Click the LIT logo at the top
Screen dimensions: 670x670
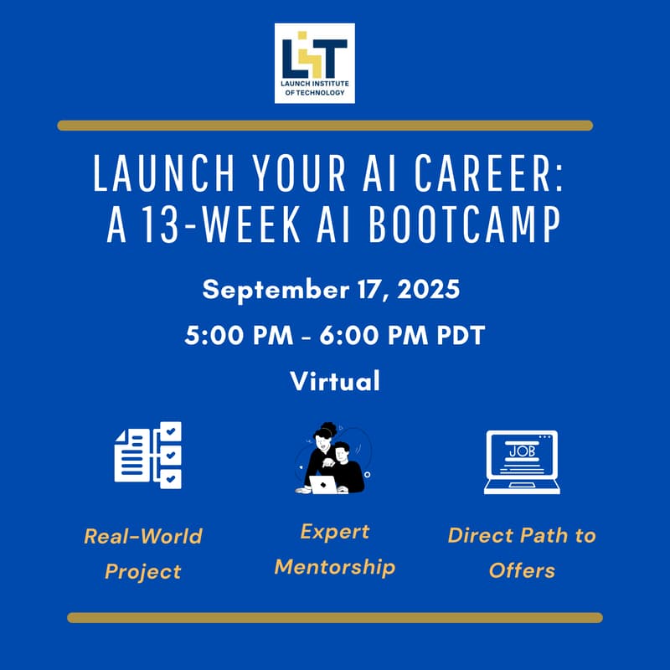pyautogui.click(x=315, y=63)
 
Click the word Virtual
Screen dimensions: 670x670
pyautogui.click(x=335, y=382)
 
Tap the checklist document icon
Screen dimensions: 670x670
pyautogui.click(x=147, y=456)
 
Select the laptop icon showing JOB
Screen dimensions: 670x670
pyautogui.click(x=520, y=461)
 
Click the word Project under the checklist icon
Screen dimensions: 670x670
pyautogui.click(x=142, y=572)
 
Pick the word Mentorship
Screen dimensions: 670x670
pyautogui.click(x=335, y=567)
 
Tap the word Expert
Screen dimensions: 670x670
pyautogui.click(x=335, y=532)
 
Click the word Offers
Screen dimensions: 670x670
pyautogui.click(x=522, y=571)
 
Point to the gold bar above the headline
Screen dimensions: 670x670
pyautogui.click(x=325, y=126)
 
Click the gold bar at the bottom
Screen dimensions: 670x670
pyautogui.click(x=335, y=618)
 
